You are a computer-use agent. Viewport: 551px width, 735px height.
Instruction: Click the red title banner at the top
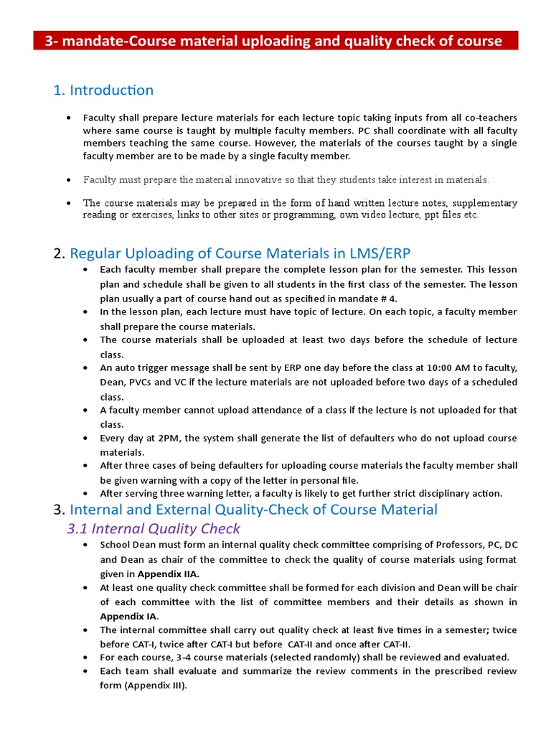click(x=275, y=41)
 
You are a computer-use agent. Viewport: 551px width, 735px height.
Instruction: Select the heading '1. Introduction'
click(x=103, y=90)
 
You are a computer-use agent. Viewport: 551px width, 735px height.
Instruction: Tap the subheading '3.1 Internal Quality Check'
click(x=154, y=529)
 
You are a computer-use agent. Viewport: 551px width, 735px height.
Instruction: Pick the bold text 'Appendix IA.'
click(x=129, y=617)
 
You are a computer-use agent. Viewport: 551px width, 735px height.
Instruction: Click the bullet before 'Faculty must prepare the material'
click(x=68, y=179)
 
